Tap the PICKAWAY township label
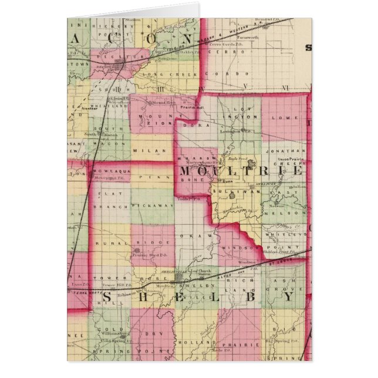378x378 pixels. [x=153, y=205]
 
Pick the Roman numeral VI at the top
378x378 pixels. [x=285, y=87]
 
